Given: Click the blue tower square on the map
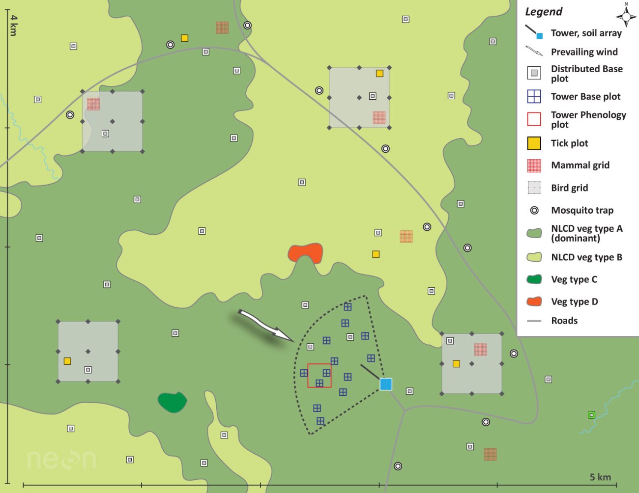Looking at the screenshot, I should point(386,384).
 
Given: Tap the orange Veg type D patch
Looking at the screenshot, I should point(305,253).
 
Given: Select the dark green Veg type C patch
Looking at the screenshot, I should point(172,402).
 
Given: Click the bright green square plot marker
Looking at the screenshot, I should point(591,415).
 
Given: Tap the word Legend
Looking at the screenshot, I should point(544,12).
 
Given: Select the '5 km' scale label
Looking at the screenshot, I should point(600,477).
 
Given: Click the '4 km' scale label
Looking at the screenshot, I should point(14,25).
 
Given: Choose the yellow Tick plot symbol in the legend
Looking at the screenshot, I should point(534,143).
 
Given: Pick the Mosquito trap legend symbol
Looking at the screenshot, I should point(534,210).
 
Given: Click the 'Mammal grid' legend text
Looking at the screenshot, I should point(580,165).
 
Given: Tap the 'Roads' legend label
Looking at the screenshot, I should point(564,321).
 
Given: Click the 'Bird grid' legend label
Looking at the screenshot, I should point(569,188).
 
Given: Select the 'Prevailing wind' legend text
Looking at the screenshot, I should point(584,52).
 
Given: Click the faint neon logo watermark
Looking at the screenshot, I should point(61,460).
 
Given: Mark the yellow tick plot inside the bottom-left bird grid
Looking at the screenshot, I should point(67,361).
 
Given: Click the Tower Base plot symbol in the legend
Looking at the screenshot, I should point(534,96).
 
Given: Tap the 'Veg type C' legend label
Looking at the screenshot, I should point(574,279).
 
